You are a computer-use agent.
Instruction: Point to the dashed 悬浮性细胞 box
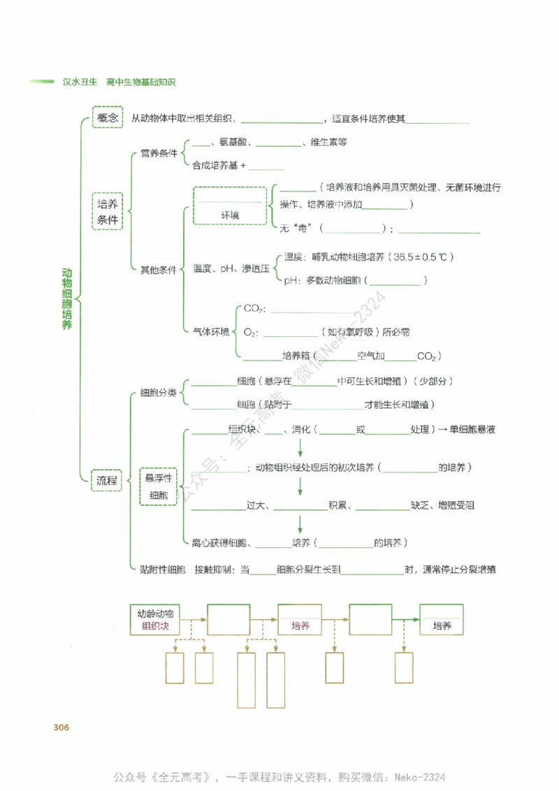pyautogui.click(x=159, y=486)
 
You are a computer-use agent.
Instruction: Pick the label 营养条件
pyautogui.click(x=159, y=154)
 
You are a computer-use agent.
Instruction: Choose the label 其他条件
pyautogui.click(x=159, y=270)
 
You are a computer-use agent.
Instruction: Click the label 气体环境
pyautogui.click(x=211, y=331)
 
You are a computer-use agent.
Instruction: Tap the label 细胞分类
pyautogui.click(x=159, y=393)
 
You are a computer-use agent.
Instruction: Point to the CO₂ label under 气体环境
pyautogui.click(x=252, y=308)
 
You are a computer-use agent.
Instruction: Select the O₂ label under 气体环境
pyautogui.click(x=250, y=333)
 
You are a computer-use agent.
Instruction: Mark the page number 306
pyautogui.click(x=61, y=727)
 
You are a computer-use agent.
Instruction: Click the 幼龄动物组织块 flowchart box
pyautogui.click(x=155, y=619)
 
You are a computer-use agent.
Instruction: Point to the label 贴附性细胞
pyautogui.click(x=163, y=569)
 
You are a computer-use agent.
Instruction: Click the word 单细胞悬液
pyautogui.click(x=472, y=429)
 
